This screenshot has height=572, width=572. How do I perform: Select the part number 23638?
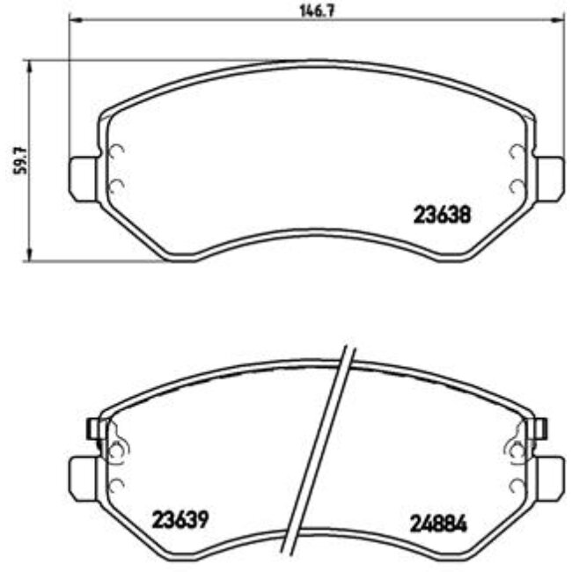[444, 214]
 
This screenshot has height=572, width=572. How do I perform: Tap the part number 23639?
[180, 519]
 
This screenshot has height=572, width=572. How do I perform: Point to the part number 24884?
[438, 523]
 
